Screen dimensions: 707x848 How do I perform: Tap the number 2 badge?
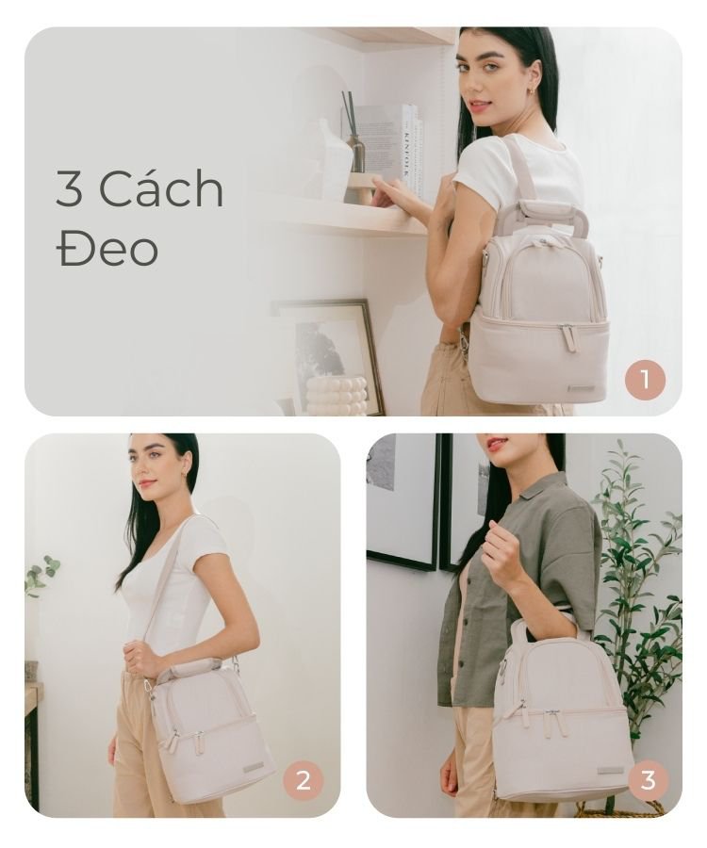(303, 780)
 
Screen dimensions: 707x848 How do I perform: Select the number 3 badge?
(648, 780)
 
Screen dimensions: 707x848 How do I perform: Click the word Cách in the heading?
(160, 188)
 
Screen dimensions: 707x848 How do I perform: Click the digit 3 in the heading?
(69, 188)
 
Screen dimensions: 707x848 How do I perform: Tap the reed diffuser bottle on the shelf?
(355, 152)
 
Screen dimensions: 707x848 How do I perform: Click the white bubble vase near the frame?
(337, 397)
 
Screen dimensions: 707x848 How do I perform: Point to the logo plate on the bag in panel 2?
(254, 766)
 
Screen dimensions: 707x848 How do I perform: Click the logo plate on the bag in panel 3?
(611, 771)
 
